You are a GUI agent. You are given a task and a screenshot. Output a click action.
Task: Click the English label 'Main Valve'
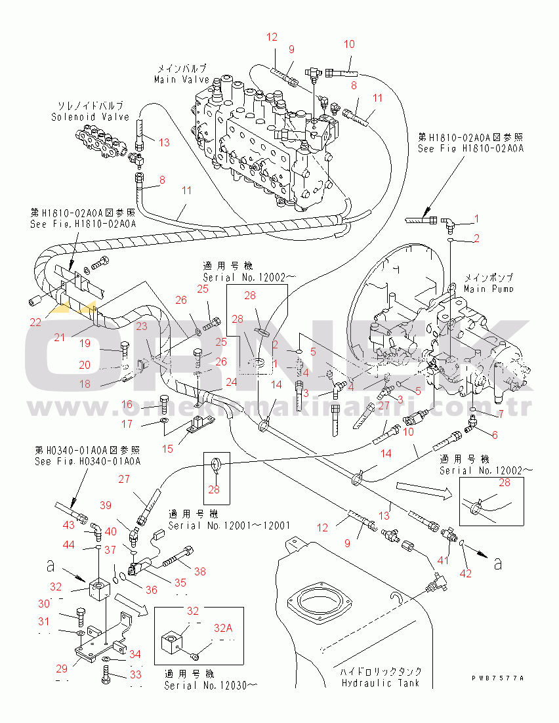(x=182, y=79)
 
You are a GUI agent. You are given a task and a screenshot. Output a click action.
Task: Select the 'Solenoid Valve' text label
(x=91, y=117)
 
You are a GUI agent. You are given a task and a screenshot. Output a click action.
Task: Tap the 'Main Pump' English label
(x=489, y=289)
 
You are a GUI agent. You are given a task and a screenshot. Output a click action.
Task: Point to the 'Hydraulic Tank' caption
(x=381, y=683)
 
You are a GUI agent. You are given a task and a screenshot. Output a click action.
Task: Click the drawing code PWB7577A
(x=498, y=678)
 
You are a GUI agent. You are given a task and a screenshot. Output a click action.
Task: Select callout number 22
(x=35, y=322)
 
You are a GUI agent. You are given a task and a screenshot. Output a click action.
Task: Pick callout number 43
(x=68, y=526)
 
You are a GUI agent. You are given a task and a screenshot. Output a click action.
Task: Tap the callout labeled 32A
(x=222, y=628)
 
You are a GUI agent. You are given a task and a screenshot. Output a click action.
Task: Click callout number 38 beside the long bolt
(x=199, y=571)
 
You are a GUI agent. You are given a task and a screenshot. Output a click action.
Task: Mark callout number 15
(x=168, y=449)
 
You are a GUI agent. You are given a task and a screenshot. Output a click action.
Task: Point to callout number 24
(x=231, y=381)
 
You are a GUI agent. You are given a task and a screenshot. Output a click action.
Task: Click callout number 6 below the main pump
(x=494, y=435)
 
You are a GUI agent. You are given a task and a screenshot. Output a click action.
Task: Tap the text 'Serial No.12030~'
(x=211, y=686)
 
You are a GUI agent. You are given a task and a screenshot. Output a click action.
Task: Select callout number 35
(x=180, y=582)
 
